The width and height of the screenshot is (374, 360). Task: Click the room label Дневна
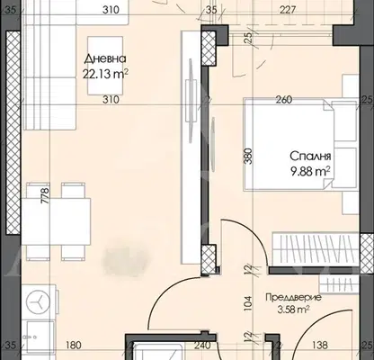105,58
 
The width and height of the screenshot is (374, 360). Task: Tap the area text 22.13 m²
105,74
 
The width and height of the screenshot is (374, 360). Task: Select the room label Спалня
310,157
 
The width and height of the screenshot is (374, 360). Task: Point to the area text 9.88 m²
310,172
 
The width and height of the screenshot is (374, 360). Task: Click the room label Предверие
293,298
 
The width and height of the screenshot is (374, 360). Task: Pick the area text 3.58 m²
293,310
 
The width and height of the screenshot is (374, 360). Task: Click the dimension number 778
45,195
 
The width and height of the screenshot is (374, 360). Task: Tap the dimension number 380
248,157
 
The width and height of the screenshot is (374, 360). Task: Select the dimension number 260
284,99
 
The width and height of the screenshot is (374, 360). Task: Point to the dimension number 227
288,10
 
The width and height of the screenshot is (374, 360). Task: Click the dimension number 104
248,303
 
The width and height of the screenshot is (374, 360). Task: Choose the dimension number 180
73,345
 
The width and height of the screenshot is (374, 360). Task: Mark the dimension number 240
202,346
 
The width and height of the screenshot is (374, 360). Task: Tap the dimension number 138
320,345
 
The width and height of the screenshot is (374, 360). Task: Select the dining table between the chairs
56,222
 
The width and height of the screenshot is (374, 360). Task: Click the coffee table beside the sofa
105,66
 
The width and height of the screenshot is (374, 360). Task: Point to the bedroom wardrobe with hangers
316,249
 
